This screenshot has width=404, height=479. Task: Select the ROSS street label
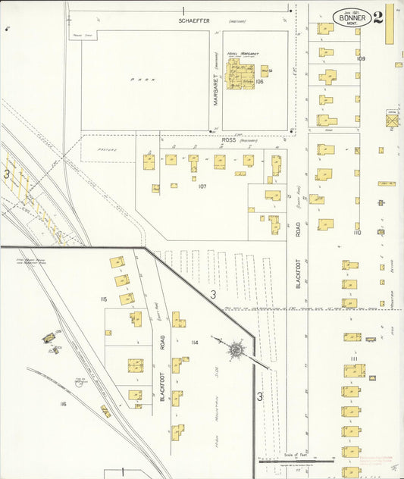tap(228, 141)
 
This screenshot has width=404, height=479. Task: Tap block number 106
tap(259, 81)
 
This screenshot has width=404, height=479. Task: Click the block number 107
tap(202, 186)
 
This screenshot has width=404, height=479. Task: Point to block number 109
tap(361, 58)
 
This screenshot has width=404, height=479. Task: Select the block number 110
tap(356, 233)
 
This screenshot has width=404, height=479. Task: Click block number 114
tap(195, 343)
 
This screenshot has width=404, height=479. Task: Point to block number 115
tap(103, 300)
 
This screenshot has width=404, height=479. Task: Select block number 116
tap(63, 404)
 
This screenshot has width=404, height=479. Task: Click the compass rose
tap(237, 349)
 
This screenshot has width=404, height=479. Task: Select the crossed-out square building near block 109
tap(392, 121)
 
